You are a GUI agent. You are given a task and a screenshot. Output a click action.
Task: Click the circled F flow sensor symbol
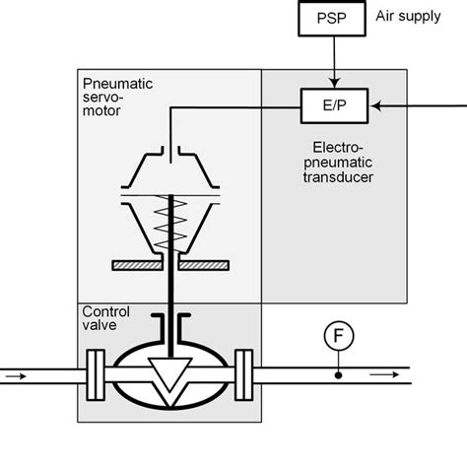337,338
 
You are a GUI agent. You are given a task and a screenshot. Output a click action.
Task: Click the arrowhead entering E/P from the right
377,102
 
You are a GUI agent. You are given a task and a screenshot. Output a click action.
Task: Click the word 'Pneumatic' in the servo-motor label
114,84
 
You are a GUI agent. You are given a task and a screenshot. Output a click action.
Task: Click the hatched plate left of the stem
142,265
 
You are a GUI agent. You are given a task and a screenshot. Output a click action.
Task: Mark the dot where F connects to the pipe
337,375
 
